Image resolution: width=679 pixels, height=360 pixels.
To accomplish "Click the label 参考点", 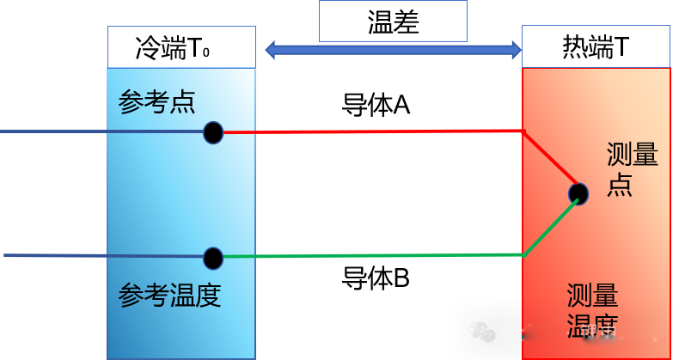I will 156,101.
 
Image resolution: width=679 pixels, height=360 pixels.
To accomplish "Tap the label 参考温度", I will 169,296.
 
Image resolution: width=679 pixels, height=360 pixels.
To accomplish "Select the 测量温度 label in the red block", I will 592,312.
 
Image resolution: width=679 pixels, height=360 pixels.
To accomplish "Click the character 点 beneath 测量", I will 620,185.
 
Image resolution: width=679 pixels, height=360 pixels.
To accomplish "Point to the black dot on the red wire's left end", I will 213,133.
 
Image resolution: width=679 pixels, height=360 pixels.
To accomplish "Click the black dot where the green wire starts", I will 213,258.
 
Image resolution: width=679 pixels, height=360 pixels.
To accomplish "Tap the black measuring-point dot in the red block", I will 578,193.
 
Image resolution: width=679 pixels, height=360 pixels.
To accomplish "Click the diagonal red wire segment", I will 550,161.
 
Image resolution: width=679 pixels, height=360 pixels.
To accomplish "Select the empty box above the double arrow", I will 393,21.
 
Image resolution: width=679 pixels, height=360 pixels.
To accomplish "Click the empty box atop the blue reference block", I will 181,46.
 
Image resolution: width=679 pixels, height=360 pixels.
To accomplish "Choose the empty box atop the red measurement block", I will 596,46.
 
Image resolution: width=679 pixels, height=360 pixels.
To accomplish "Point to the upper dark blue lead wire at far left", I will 52,132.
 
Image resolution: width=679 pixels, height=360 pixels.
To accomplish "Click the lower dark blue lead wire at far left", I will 52,256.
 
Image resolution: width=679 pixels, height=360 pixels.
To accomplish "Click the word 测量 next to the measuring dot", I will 633,156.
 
